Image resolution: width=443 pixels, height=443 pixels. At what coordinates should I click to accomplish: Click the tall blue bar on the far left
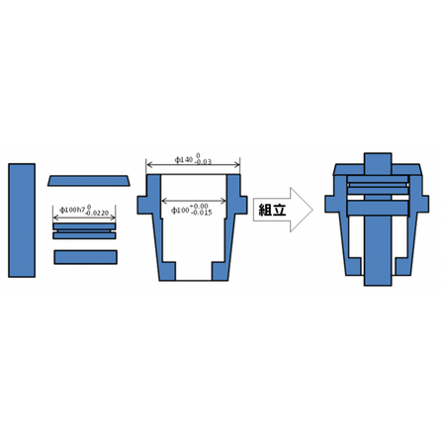[21, 220]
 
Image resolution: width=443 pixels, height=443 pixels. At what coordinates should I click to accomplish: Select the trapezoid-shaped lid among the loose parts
[88, 180]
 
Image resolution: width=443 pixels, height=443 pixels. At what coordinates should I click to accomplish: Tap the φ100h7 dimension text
[71, 210]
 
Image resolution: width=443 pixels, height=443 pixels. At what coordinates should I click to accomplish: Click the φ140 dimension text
[185, 158]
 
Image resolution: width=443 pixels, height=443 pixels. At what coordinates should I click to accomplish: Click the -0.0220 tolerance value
[99, 214]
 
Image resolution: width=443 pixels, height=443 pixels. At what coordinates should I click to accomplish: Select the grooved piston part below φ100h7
[84, 230]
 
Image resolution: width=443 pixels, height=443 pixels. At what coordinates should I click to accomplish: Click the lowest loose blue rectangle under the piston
[85, 257]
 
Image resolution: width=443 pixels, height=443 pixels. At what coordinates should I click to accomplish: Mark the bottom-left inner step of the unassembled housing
[169, 270]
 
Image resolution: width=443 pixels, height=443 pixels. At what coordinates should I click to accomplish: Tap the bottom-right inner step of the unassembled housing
[219, 270]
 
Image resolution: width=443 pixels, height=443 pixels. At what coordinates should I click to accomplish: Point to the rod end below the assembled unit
[378, 278]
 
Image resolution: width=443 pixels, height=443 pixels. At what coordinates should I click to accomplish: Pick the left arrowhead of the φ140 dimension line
[148, 163]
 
